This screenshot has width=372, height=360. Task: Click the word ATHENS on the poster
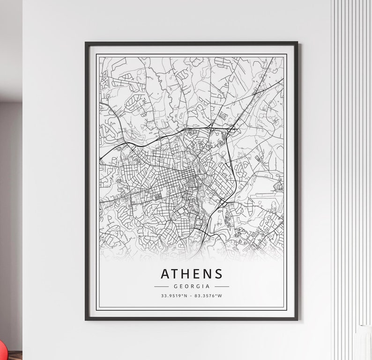pos(192,273)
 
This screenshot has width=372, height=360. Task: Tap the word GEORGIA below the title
pos(192,286)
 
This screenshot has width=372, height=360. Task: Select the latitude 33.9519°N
pos(174,296)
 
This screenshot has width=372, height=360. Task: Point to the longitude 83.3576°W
pos(208,296)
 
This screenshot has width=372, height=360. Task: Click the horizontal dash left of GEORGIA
pos(161,286)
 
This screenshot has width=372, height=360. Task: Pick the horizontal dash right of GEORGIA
pos(222,286)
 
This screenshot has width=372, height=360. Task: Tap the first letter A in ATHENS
pos(165,273)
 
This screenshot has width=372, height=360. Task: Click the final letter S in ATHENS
pos(218,273)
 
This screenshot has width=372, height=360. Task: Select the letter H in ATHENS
pos(186,273)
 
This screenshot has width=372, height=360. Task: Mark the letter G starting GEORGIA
pos(175,286)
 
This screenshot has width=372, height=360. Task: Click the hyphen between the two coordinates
pos(192,296)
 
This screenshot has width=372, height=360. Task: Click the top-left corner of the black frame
pos(86,43)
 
